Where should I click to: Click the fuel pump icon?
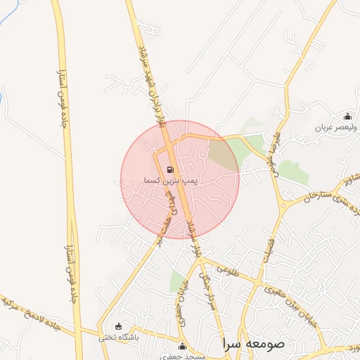169,169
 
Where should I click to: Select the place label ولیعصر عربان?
336,128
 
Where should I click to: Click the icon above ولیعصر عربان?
347,117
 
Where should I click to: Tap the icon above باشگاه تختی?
117,326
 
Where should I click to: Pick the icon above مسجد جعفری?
183,346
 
